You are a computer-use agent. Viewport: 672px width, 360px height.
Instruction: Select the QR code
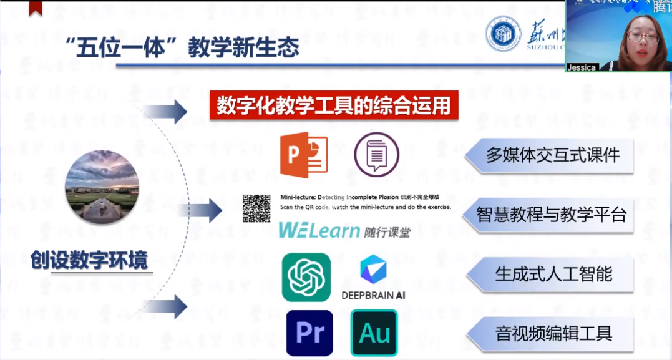click(256, 208)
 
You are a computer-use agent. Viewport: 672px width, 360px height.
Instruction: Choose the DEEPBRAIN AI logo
click(373, 278)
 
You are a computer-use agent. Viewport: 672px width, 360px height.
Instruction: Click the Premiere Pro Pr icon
click(309, 333)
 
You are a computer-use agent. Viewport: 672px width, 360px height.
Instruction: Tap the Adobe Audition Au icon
click(374, 333)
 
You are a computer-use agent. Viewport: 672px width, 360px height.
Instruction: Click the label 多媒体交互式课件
click(552, 155)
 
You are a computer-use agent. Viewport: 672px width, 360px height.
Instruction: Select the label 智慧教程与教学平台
click(551, 215)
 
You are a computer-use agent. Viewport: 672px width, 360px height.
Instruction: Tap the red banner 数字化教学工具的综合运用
click(333, 105)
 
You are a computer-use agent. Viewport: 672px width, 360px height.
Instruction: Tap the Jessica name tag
click(582, 67)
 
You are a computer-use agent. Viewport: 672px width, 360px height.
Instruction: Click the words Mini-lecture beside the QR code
click(295, 195)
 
